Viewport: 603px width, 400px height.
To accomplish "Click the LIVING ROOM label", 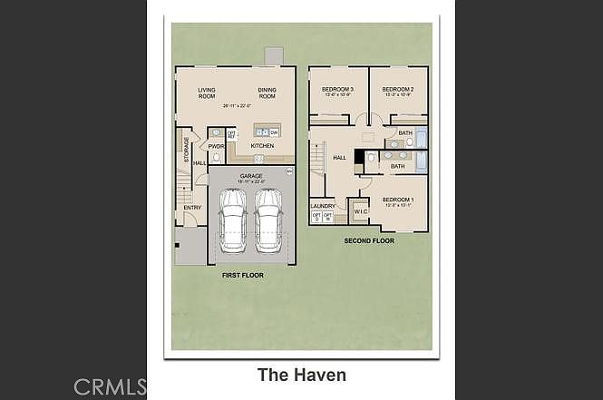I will pyautogui.click(x=208, y=93).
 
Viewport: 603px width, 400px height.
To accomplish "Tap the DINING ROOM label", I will pyautogui.click(x=267, y=93).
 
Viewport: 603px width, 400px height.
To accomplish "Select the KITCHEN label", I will pyautogui.click(x=263, y=146).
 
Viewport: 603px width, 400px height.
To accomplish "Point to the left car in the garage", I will pyautogui.click(x=233, y=220).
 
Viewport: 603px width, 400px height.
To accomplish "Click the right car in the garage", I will pyautogui.click(x=268, y=220).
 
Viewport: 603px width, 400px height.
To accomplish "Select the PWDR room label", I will pyautogui.click(x=216, y=146).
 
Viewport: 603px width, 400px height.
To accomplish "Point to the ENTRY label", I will pyautogui.click(x=192, y=208).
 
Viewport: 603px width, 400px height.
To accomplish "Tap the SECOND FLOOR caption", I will pyautogui.click(x=368, y=241).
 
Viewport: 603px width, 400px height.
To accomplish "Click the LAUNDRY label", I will pyautogui.click(x=323, y=206).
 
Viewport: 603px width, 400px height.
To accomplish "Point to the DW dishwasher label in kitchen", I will pyautogui.click(x=273, y=132).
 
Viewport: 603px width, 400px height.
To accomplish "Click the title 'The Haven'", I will pyautogui.click(x=301, y=374).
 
